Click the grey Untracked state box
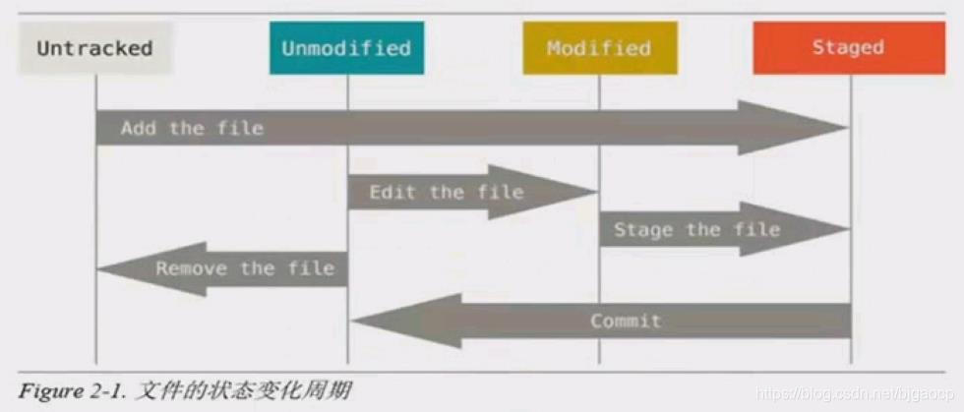(x=95, y=48)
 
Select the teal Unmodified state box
(x=346, y=48)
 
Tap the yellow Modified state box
(x=599, y=48)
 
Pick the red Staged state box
(x=849, y=48)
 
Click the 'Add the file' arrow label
(x=192, y=128)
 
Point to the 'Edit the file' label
(x=447, y=193)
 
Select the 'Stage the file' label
(x=696, y=230)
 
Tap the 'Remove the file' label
(x=245, y=268)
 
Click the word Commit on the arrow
(x=626, y=321)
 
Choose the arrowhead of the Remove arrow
(x=122, y=268)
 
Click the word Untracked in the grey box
(x=95, y=48)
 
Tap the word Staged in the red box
(x=849, y=48)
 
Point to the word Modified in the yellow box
(x=599, y=48)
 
